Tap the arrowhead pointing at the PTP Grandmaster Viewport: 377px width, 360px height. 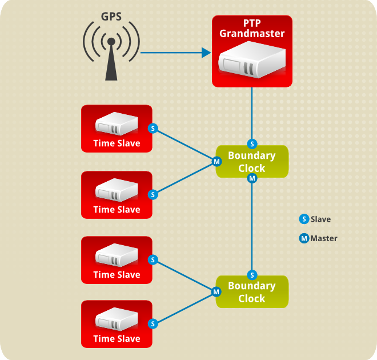(206, 53)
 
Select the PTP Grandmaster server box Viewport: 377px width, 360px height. (252, 51)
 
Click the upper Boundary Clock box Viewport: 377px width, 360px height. (252, 162)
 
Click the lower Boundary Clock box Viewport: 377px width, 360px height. (252, 292)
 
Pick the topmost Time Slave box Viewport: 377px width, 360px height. (117, 129)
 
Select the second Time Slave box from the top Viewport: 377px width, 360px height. (117, 195)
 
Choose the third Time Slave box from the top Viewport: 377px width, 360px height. (117, 260)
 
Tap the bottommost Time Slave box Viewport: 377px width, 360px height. (117, 324)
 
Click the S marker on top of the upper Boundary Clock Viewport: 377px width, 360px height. (252, 143)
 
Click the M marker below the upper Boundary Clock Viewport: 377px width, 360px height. (252, 179)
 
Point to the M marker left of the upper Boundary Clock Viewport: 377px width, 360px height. (216, 162)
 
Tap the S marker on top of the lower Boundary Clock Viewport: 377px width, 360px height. (252, 275)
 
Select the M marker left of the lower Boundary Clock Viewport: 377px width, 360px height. (216, 292)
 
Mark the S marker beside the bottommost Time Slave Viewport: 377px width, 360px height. (153, 324)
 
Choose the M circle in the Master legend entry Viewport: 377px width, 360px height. (304, 238)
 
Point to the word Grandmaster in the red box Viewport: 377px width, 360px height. (252, 34)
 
